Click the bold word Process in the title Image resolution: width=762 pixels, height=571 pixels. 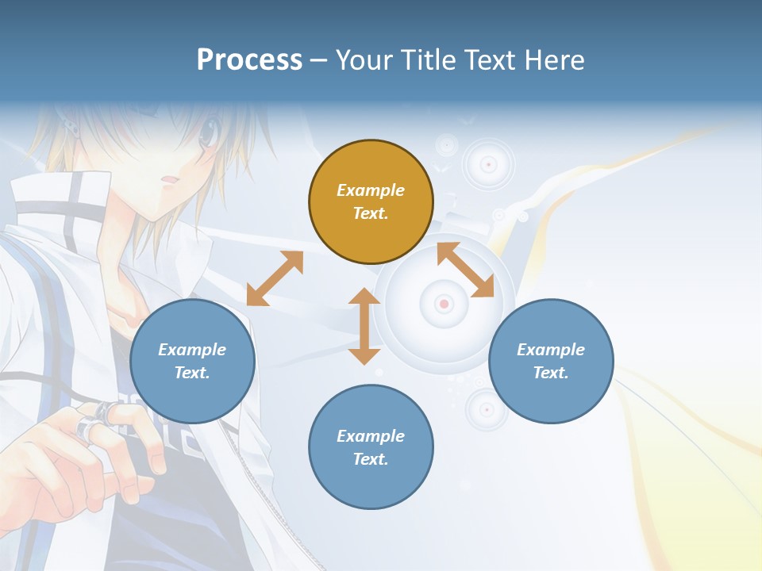[249, 60]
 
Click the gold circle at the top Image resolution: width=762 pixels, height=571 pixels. [371, 202]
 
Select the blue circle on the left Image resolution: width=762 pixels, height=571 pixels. [192, 361]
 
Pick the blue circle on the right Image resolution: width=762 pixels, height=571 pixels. [551, 361]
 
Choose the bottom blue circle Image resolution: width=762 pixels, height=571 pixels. [371, 447]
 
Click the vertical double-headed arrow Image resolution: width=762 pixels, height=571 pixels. [364, 326]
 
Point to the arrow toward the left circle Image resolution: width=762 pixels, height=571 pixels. [275, 278]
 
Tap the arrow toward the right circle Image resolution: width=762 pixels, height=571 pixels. [465, 270]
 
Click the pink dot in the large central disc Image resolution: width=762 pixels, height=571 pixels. [444, 304]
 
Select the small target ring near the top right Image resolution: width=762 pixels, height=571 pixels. [489, 164]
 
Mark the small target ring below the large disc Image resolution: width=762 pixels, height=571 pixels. [486, 409]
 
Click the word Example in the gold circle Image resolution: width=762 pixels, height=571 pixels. [371, 190]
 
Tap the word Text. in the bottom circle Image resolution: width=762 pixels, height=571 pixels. [371, 459]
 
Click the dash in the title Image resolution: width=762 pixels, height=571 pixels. [319, 60]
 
